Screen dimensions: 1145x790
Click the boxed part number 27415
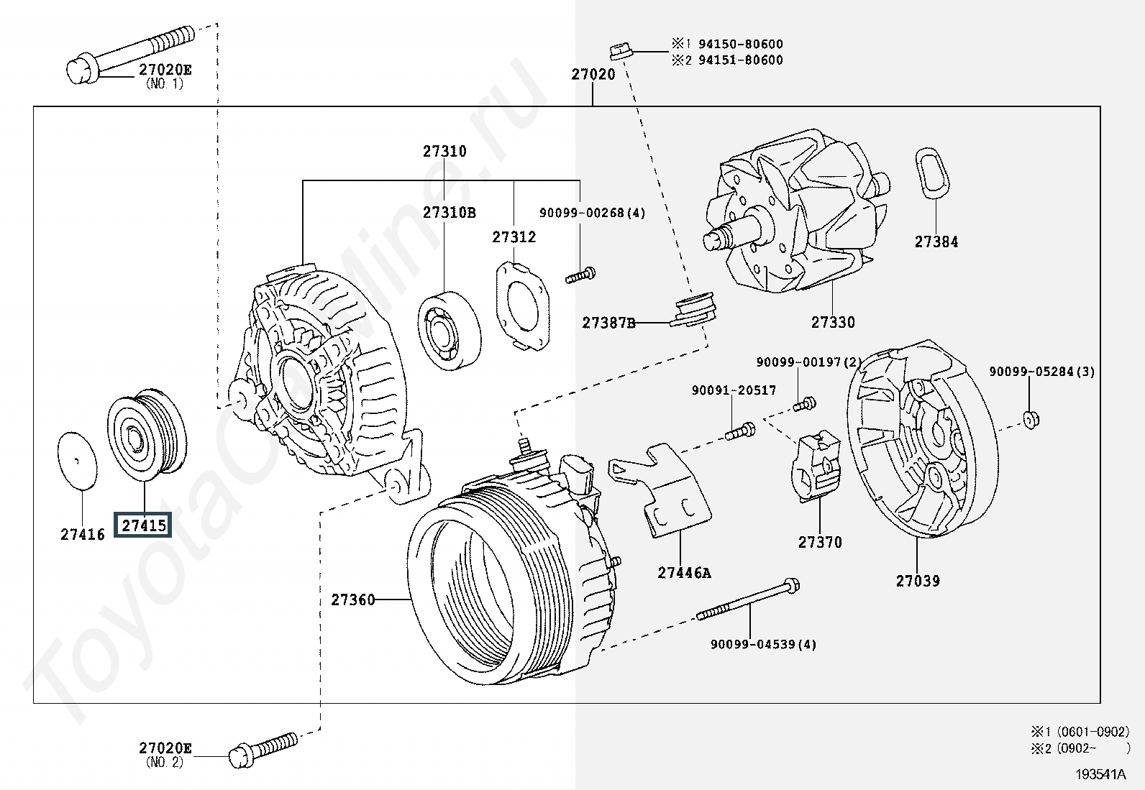point(142,525)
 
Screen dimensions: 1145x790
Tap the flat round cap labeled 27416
point(77,460)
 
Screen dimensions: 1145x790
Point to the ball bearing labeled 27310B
point(450,331)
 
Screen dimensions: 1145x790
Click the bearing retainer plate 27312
point(523,306)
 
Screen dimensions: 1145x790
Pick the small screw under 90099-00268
point(580,275)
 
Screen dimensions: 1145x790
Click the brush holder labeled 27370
point(816,467)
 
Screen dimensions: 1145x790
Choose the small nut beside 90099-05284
point(1031,420)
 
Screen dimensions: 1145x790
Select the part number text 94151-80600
point(741,60)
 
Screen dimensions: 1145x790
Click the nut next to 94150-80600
point(621,50)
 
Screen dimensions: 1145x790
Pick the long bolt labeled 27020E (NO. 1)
point(130,55)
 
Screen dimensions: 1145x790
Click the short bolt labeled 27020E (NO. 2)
point(263,749)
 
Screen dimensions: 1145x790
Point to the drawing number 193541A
point(1100,774)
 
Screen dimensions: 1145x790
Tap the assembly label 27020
point(593,75)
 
